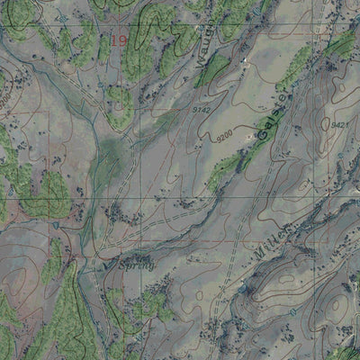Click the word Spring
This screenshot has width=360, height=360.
[x=137, y=266]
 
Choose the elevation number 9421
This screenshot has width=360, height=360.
[x=338, y=125]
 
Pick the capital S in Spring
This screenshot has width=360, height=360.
[x=122, y=266]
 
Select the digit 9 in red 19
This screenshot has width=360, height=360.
[x=122, y=40]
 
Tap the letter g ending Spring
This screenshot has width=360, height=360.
[x=152, y=268]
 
